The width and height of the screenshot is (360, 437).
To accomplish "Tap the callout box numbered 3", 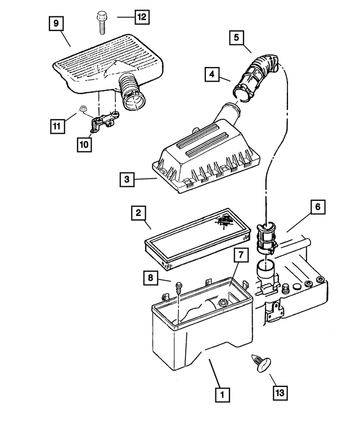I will pos(127,180).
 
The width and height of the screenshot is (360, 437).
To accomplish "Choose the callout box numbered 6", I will pos(317,208).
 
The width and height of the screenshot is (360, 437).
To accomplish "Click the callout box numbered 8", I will pos(150,277).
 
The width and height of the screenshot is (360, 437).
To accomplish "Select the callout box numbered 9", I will pos(55,25).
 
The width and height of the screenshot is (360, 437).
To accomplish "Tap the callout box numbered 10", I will pos(84,145).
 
